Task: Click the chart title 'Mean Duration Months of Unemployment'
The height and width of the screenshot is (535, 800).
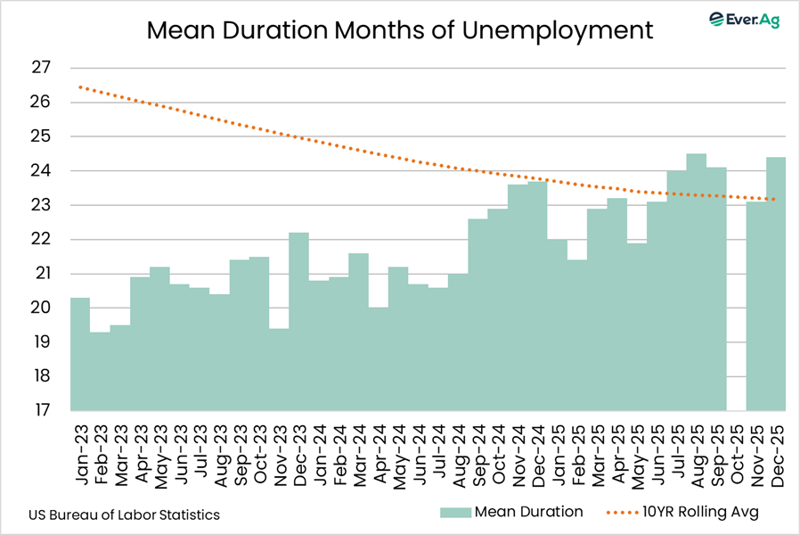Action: (x=400, y=30)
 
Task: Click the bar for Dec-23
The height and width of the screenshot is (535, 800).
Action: (x=299, y=321)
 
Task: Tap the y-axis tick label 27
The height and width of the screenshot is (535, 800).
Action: (x=41, y=68)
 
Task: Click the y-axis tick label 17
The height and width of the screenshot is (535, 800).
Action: (x=41, y=411)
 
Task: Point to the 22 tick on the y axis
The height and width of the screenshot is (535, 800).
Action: (x=41, y=239)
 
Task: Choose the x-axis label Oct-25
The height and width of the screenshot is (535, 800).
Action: (x=737, y=451)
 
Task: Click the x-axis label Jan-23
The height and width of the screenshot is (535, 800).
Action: (x=81, y=451)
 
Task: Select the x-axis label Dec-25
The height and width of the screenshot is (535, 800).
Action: (x=777, y=451)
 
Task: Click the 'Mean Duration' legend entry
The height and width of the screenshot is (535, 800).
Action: (x=528, y=512)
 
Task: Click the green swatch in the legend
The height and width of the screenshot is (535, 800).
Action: (x=453, y=512)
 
